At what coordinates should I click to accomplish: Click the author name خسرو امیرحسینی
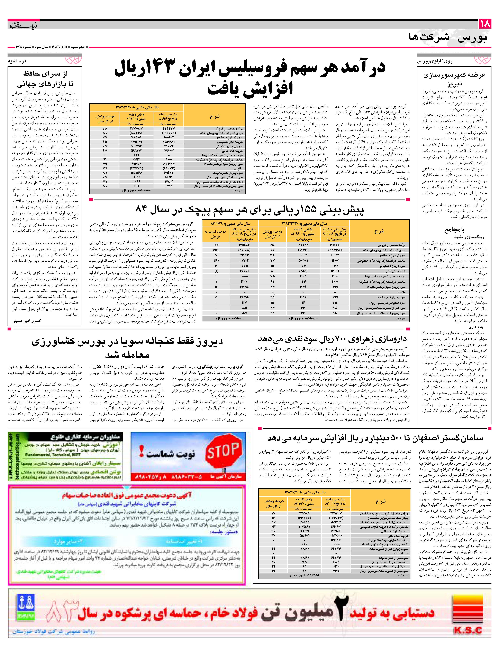[27, 321]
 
